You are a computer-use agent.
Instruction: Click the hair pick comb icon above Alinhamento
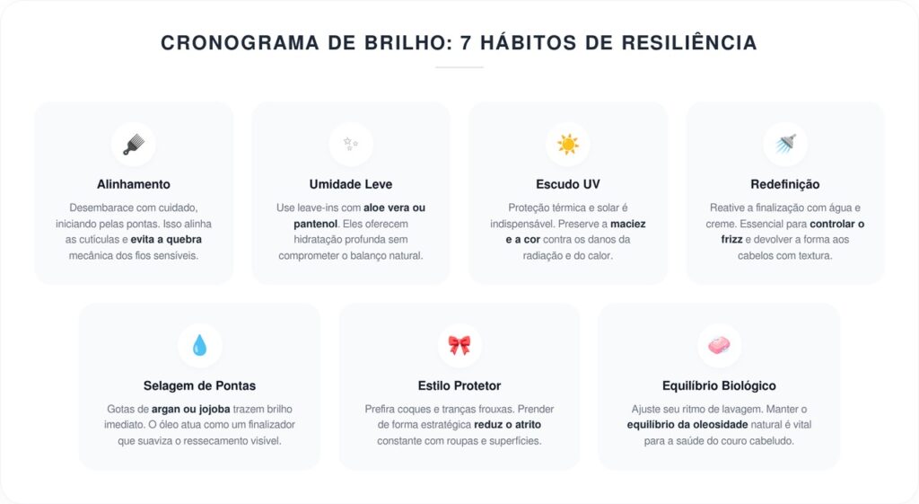[x=133, y=145]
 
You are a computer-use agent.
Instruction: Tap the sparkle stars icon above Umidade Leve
[x=351, y=145]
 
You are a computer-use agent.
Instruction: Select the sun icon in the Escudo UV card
[x=568, y=145]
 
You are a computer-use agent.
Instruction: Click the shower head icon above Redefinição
[x=785, y=145]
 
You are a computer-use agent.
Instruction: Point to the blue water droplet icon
[x=199, y=346]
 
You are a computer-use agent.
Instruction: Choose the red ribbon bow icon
[x=459, y=346]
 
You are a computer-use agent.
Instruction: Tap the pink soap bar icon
[x=719, y=346]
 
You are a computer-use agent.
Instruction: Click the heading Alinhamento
[x=133, y=184]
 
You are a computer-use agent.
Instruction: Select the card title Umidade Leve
[x=351, y=184]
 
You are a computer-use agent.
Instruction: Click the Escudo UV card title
[x=568, y=184]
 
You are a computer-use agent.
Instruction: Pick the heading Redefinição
[x=785, y=184]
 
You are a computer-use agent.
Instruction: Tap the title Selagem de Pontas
[x=199, y=385]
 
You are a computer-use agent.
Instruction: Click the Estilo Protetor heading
[x=459, y=385]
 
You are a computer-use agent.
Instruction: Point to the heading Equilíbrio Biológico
[x=719, y=385]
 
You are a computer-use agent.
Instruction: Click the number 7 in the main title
[x=465, y=42]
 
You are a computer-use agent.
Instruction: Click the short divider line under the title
[x=459, y=67]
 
